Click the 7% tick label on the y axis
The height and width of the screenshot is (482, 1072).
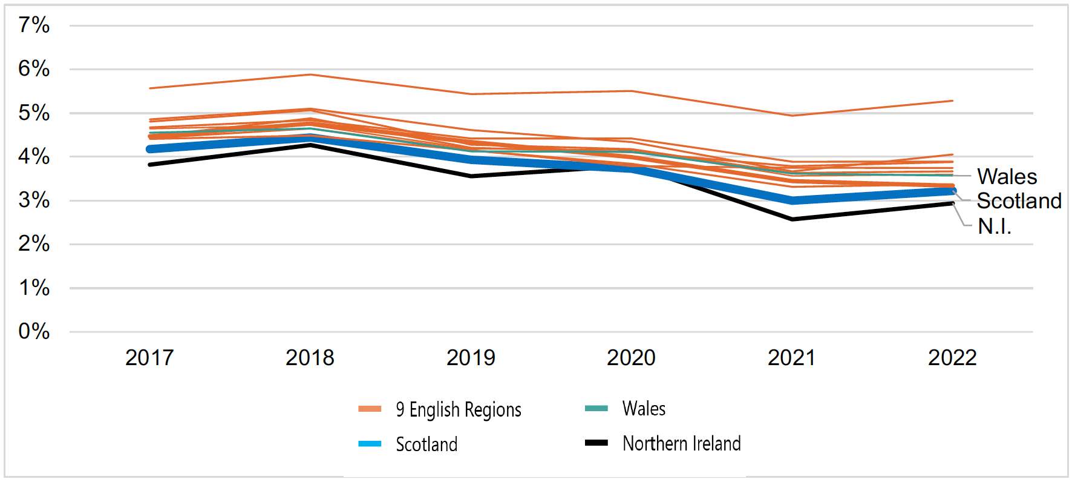click(34, 25)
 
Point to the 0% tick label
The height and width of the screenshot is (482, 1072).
click(34, 331)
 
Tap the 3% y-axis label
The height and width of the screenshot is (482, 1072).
click(34, 200)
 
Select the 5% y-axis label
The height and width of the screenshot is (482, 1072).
click(34, 113)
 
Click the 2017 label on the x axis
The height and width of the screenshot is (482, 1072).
click(149, 358)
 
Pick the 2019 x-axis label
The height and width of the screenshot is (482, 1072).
click(471, 358)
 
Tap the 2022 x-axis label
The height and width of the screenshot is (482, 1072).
click(952, 358)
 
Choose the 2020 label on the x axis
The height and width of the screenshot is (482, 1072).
click(631, 358)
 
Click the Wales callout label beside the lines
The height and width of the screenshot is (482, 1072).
click(1007, 177)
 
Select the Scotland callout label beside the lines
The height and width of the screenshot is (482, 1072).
click(1019, 201)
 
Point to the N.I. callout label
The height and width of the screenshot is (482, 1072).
click(995, 226)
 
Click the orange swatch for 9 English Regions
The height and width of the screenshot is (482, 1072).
click(370, 409)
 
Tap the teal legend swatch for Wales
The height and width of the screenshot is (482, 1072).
click(596, 408)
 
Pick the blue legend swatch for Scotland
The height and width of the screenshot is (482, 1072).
click(370, 444)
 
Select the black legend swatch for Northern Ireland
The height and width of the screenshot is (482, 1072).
click(596, 443)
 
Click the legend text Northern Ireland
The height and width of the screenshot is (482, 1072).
click(682, 443)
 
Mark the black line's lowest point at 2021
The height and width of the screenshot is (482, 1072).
click(792, 219)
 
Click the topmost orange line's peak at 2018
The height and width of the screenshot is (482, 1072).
click(310, 74)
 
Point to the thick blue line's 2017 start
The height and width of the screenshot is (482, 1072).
click(150, 149)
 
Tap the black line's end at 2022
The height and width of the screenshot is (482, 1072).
click(952, 203)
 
